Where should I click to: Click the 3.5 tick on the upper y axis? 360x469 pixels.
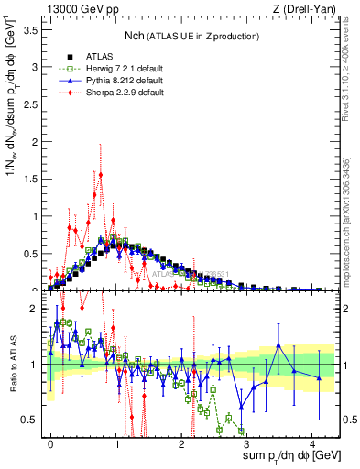(32, 30)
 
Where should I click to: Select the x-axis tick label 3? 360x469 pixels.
(246, 442)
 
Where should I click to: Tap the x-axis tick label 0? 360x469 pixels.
(50, 442)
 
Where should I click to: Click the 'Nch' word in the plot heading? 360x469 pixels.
(138, 35)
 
